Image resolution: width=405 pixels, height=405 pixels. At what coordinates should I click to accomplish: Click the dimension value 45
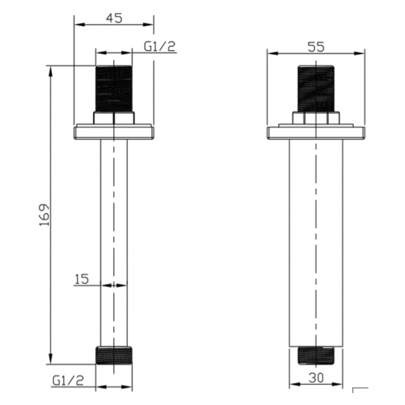[113, 18]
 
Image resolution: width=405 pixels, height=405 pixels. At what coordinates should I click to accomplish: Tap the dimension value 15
[82, 279]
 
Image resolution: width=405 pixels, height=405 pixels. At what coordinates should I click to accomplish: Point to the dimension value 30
[316, 378]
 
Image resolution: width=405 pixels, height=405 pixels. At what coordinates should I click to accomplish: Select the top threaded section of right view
[316, 88]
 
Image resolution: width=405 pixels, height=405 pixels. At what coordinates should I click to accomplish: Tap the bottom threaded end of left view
[114, 355]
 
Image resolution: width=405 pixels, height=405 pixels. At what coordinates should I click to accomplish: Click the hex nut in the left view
[114, 118]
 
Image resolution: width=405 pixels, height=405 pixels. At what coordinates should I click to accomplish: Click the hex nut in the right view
[316, 118]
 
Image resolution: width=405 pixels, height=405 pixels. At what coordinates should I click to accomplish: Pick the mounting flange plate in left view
[114, 132]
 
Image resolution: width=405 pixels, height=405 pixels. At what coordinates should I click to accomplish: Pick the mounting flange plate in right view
[316, 132]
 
